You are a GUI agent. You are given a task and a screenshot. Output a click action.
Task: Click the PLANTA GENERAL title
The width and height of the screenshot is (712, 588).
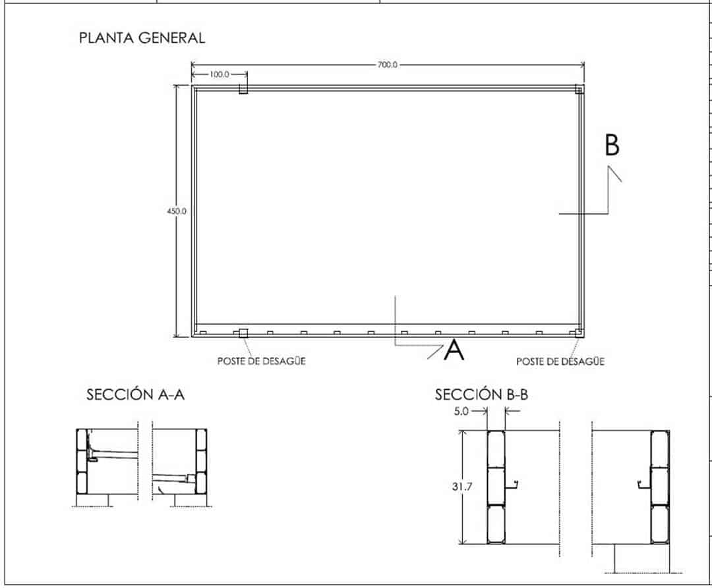pyautogui.click(x=142, y=38)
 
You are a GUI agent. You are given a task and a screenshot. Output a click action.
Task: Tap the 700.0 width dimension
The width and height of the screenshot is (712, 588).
pyautogui.click(x=388, y=65)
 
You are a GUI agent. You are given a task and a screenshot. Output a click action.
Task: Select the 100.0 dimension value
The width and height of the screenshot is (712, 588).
pyautogui.click(x=220, y=74)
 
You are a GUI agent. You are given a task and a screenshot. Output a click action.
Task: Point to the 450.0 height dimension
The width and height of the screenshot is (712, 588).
pyautogui.click(x=177, y=211)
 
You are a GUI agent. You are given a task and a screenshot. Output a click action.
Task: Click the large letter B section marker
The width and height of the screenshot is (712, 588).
pyautogui.click(x=612, y=145)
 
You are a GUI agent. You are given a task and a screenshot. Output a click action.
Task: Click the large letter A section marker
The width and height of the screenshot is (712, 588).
pyautogui.click(x=454, y=350)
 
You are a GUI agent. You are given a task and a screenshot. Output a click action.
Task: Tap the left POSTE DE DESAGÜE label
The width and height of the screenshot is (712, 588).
pyautogui.click(x=261, y=361)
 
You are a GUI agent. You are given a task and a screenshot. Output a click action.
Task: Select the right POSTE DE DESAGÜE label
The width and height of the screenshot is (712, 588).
pyautogui.click(x=560, y=361)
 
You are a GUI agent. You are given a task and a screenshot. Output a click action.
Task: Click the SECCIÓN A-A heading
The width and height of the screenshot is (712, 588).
pyautogui.click(x=135, y=395)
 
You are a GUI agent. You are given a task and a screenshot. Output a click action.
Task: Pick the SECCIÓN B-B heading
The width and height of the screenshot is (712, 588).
pyautogui.click(x=481, y=395)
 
